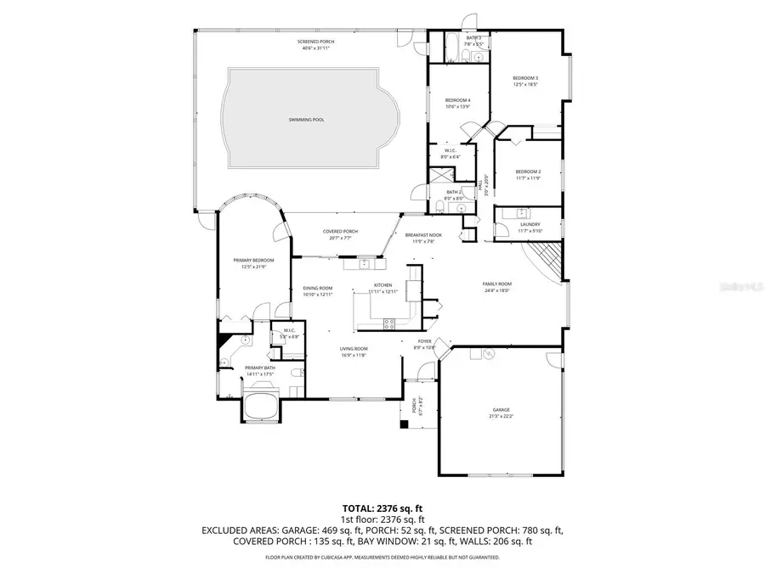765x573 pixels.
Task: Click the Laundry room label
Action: point(530,227)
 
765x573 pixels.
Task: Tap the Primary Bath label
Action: point(260,369)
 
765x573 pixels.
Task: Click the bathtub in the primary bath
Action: point(262,406)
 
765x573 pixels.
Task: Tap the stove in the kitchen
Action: point(390,323)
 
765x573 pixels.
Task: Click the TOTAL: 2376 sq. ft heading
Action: point(382,508)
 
